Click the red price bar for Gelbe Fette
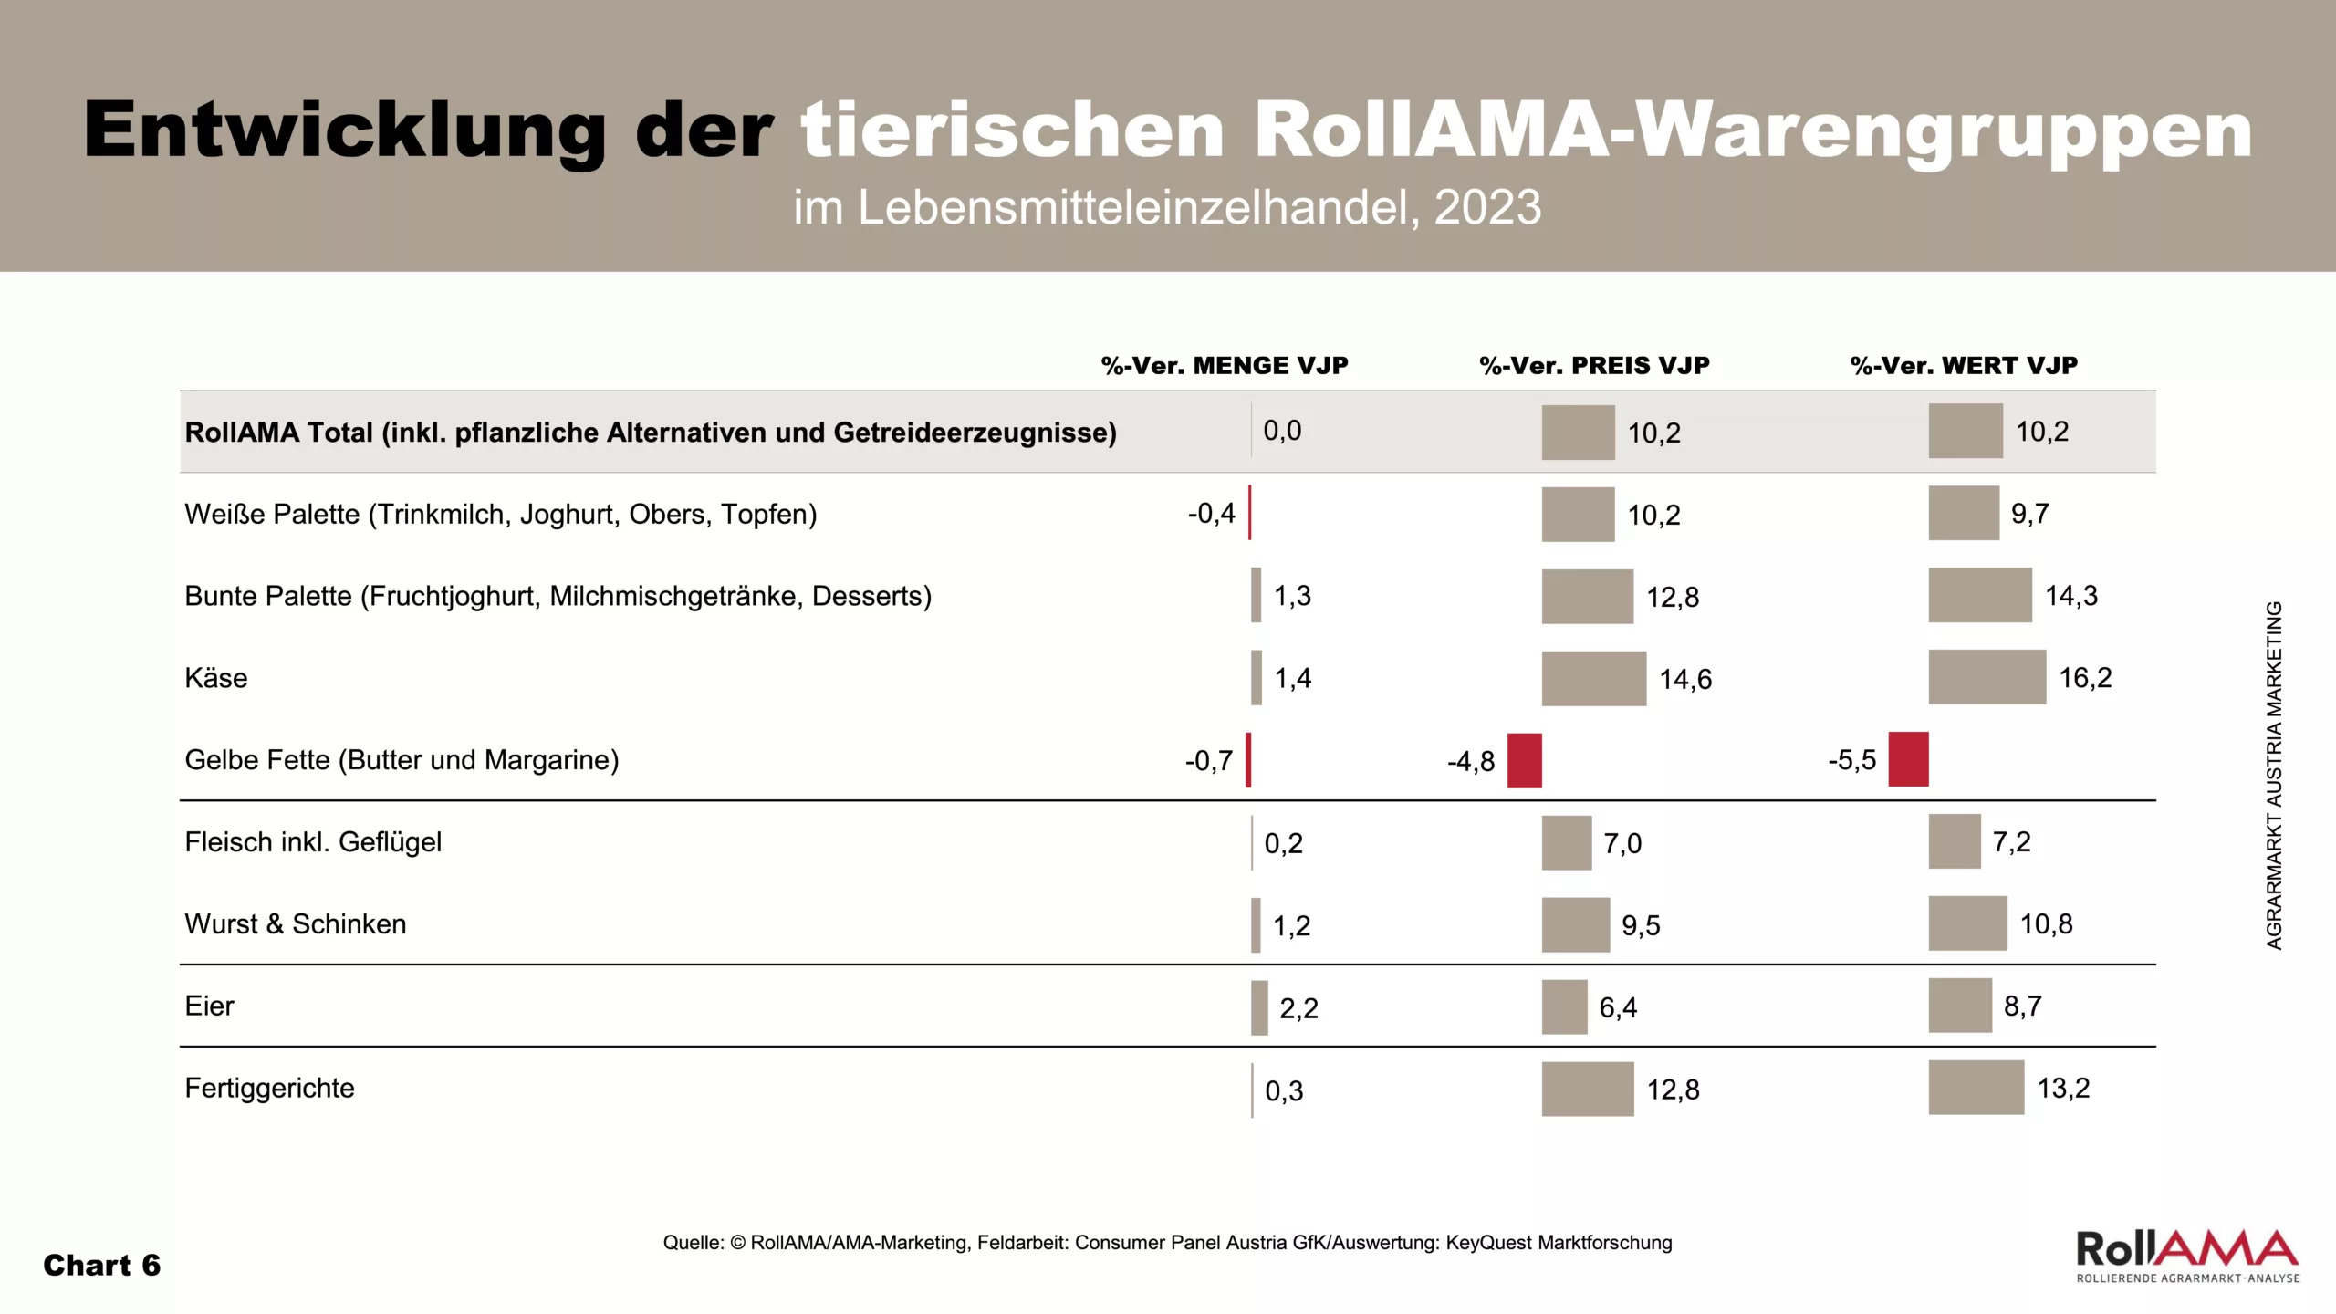(1524, 760)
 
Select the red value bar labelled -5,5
(1908, 759)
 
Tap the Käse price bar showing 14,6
(1594, 678)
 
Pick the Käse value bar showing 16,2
(1987, 677)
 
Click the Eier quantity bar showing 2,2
(1259, 1007)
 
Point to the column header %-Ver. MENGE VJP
(1225, 366)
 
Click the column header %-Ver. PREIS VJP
(1594, 366)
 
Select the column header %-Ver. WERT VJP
(1964, 366)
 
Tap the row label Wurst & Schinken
(296, 924)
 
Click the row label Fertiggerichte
(269, 1089)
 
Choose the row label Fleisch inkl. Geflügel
(313, 842)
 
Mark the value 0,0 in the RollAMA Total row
(1282, 431)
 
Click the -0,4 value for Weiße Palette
(1211, 514)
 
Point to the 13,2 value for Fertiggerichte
(2063, 1088)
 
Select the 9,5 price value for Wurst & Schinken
(1641, 925)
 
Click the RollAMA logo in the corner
(2187, 1256)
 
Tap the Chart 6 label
(101, 1266)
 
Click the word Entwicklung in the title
(345, 130)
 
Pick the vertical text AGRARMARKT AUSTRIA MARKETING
(2274, 775)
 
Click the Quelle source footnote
(1167, 1243)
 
